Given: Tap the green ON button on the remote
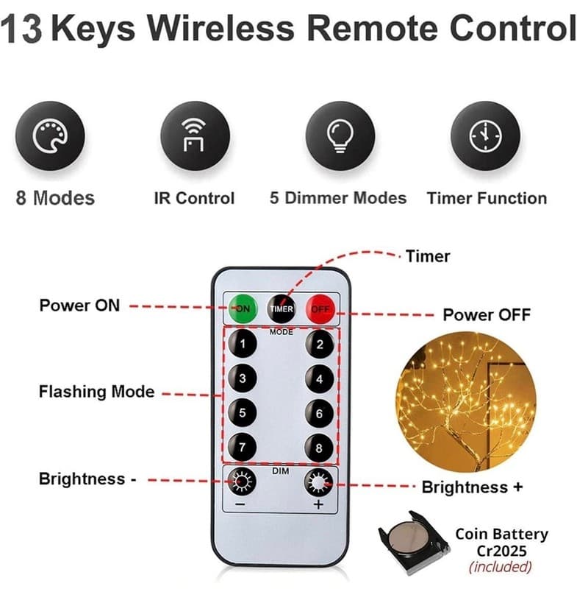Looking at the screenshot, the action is pos(243,308).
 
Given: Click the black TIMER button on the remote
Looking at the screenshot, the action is pos(282,308).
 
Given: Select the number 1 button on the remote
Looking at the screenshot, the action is pos(243,343).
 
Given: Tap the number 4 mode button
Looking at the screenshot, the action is pos(320,378).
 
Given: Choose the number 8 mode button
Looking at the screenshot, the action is pos(319,448).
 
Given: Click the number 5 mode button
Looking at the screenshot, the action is pos(243,413).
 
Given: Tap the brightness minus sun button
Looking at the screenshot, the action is pos(242,482).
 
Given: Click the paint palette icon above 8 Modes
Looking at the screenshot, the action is pos(50,136).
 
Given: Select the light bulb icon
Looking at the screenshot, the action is pos(340,136).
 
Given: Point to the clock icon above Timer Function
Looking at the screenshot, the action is pos(485,136).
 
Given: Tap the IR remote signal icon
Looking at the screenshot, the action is pos(193,135).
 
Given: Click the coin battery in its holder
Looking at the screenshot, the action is pos(413,543).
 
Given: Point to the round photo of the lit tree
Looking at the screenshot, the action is pos(466,401).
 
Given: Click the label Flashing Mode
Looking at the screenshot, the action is pos(97,392).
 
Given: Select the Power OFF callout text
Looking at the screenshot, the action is pos(487,315).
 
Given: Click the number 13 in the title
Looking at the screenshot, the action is pos(21,29).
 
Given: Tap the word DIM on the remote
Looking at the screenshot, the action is pos(281,471).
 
